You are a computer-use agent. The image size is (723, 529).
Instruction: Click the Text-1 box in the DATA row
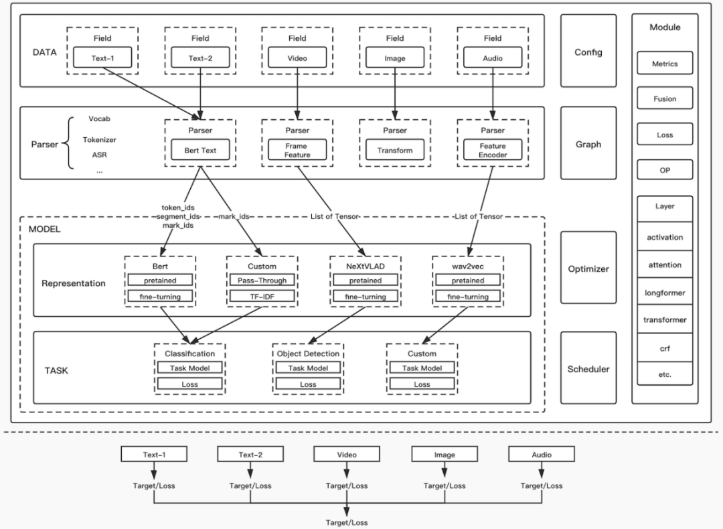(102, 58)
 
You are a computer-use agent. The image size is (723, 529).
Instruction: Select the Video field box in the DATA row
(297, 58)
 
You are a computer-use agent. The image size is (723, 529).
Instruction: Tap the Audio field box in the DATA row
(492, 58)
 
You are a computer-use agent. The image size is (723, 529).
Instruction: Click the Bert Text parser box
(200, 150)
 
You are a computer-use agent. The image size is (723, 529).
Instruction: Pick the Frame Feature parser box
(297, 150)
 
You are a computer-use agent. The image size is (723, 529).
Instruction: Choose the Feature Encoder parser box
(492, 150)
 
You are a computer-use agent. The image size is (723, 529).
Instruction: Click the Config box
(588, 52)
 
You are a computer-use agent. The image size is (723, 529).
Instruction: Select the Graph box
(588, 143)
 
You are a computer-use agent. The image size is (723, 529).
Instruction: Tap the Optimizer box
(588, 269)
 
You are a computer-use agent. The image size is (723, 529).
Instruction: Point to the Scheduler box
(588, 369)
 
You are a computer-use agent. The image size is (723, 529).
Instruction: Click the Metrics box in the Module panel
(665, 64)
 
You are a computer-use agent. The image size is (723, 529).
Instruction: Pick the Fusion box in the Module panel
(665, 99)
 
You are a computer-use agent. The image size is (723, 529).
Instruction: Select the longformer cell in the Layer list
(665, 293)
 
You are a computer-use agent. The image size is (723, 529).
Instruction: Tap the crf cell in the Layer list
(665, 349)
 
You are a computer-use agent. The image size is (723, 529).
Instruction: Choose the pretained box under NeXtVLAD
(366, 281)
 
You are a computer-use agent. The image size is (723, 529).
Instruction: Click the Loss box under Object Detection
(308, 384)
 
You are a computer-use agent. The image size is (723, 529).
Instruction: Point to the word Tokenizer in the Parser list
(99, 140)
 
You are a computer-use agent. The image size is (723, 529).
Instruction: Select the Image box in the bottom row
(445, 455)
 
